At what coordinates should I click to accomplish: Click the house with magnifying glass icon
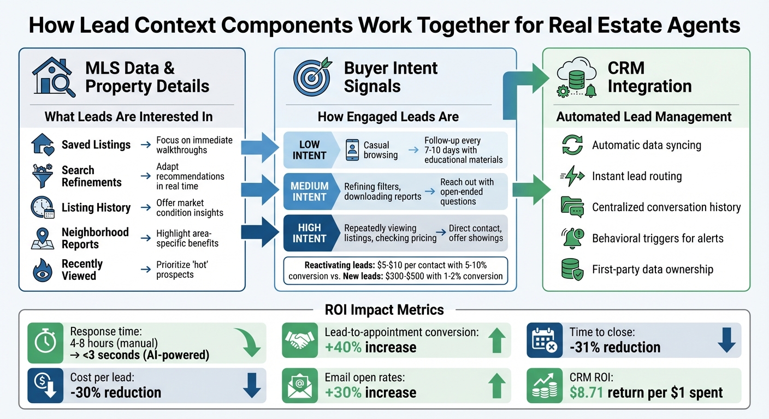(x=54, y=77)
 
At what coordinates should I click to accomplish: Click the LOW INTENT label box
(x=309, y=150)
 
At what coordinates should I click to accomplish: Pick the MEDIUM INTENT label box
(x=309, y=191)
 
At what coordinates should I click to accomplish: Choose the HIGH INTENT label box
(x=309, y=233)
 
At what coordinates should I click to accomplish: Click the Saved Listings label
(x=96, y=145)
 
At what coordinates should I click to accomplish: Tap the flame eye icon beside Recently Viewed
(x=43, y=270)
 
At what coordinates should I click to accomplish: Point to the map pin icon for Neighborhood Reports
(x=43, y=238)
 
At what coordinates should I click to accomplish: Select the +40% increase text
(x=370, y=348)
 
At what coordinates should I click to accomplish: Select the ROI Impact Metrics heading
(x=384, y=310)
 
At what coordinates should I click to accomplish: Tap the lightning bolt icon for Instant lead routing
(x=572, y=176)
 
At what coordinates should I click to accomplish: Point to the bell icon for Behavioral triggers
(x=572, y=238)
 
